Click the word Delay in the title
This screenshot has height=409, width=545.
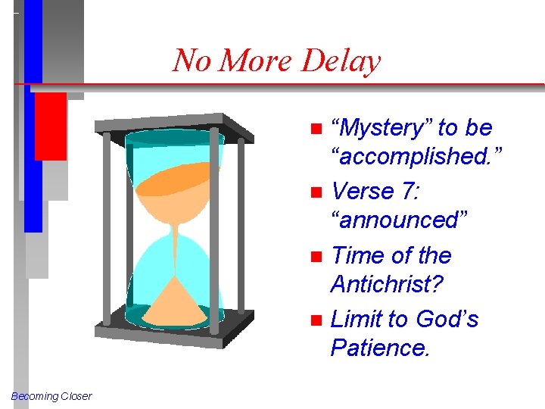point(341,60)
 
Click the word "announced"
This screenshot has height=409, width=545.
point(400,220)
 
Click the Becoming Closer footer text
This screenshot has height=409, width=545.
point(51,396)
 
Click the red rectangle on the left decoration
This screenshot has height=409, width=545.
point(50,126)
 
